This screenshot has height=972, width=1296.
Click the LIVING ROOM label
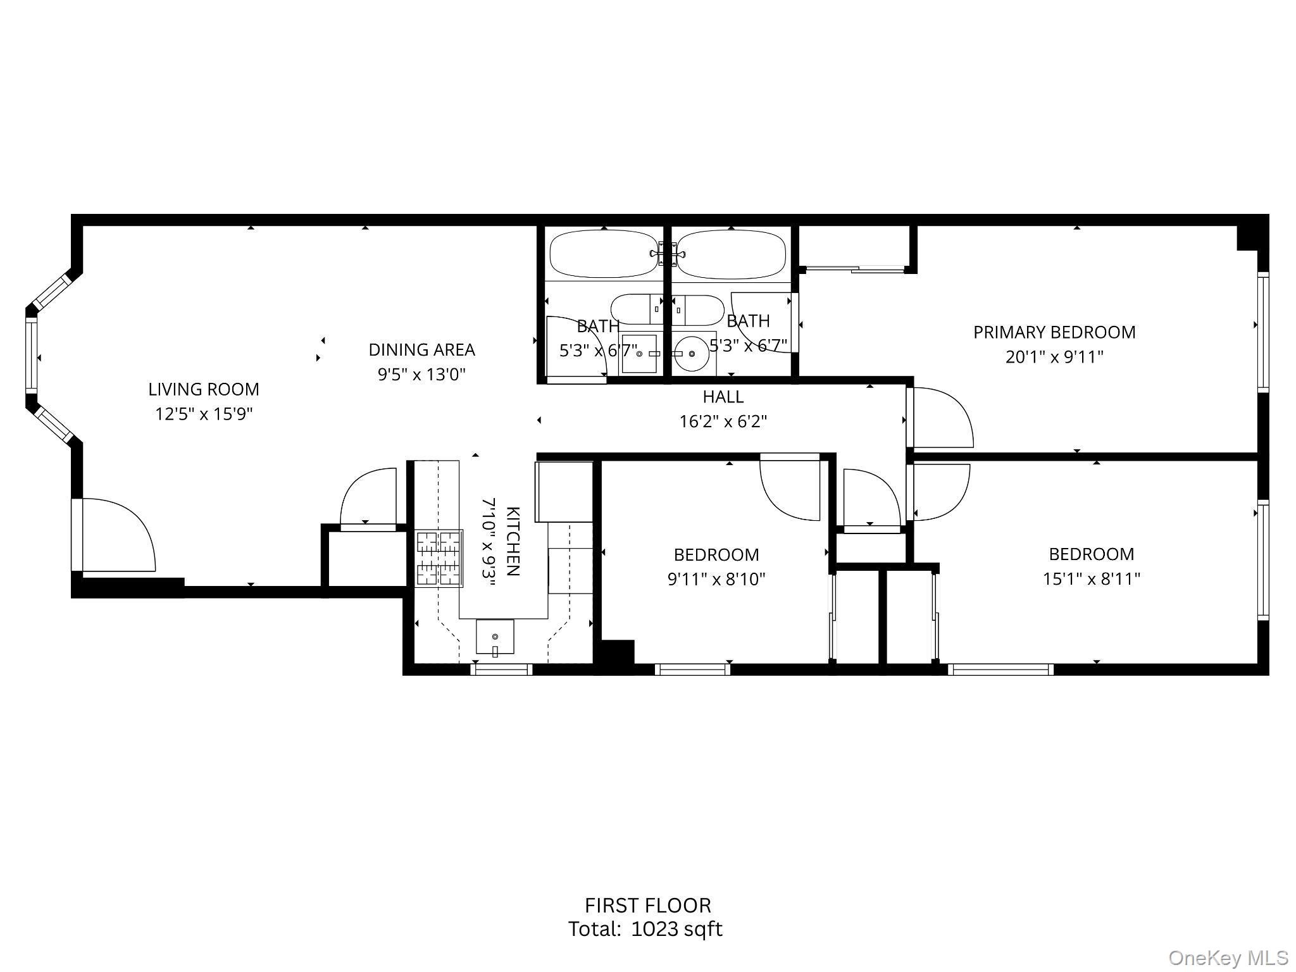click(x=204, y=389)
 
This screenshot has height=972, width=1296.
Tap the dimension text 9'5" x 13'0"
click(x=421, y=375)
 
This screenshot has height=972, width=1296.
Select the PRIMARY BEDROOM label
click(x=1054, y=332)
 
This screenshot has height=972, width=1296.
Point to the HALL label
click(x=723, y=397)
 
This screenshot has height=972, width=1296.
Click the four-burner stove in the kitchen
click(x=439, y=558)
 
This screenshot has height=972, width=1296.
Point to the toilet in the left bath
click(x=636, y=309)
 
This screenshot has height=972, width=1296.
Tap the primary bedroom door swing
click(x=940, y=418)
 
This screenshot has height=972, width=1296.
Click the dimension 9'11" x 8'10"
click(x=716, y=580)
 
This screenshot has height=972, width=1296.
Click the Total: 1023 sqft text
click(x=645, y=929)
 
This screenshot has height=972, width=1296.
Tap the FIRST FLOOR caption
click(x=647, y=906)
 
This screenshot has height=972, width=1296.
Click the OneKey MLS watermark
click(x=1228, y=958)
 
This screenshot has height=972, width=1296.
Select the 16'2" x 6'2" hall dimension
click(x=723, y=421)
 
